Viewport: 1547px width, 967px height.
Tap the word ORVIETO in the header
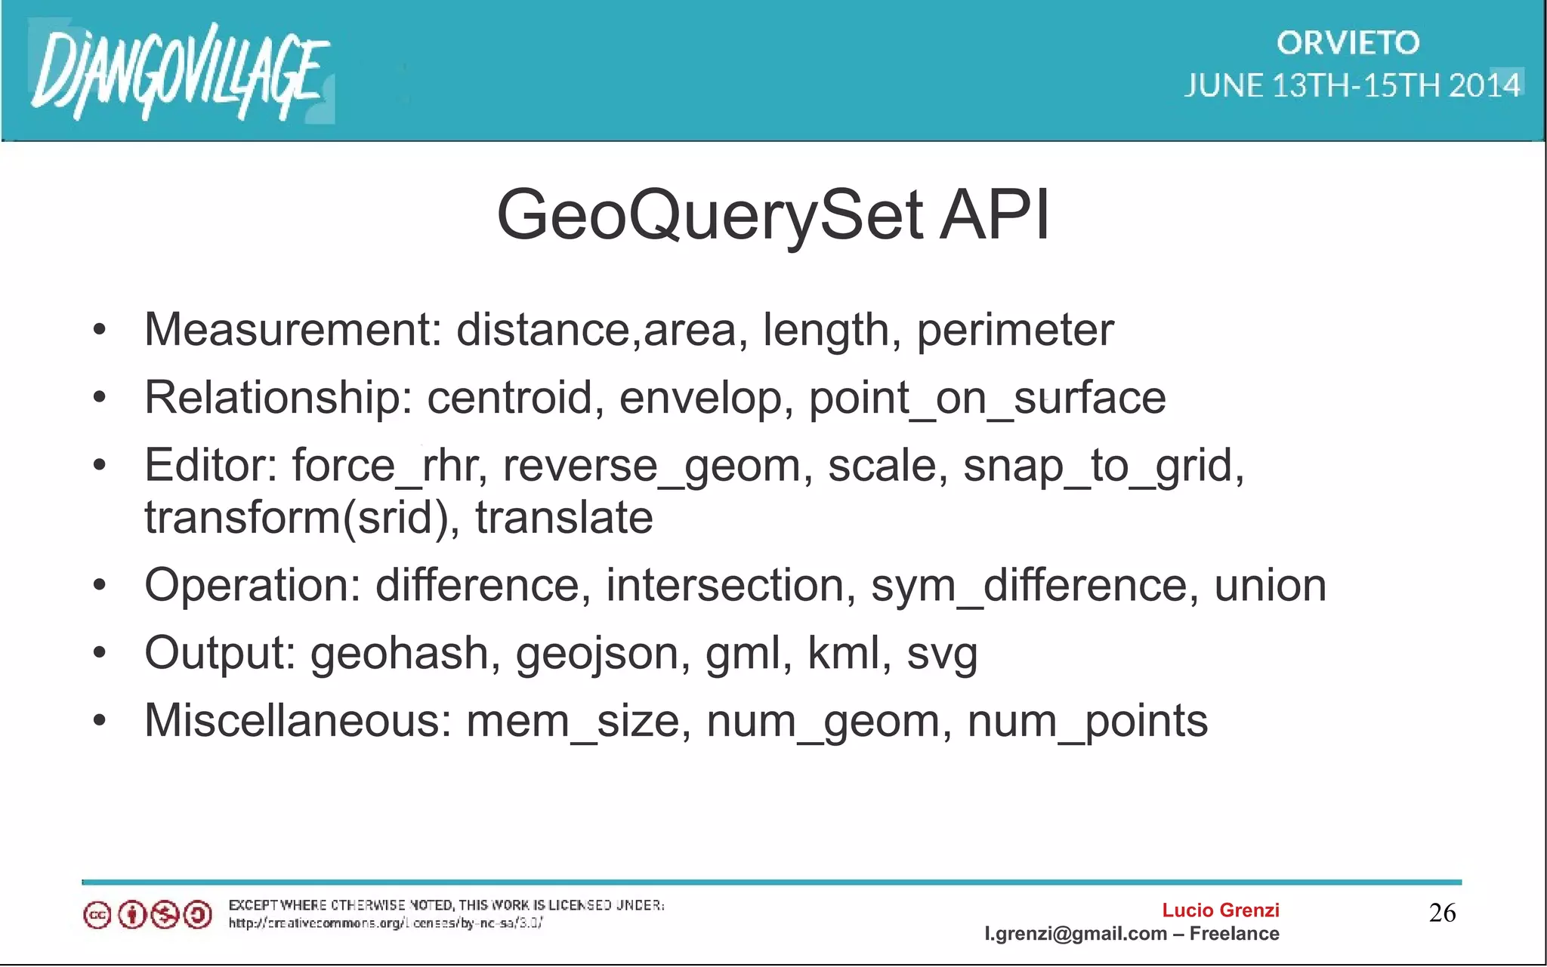[1348, 43]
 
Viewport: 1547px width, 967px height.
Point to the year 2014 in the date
[1484, 85]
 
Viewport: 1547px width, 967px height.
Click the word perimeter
[1014, 330]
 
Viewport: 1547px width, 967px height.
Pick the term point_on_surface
[987, 398]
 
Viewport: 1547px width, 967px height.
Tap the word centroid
[510, 398]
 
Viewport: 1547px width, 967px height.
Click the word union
[1270, 586]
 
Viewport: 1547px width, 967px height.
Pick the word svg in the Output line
[942, 654]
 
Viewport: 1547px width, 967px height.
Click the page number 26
[1442, 913]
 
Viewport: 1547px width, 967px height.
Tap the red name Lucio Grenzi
[1220, 910]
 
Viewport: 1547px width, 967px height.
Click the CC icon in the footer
[97, 916]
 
